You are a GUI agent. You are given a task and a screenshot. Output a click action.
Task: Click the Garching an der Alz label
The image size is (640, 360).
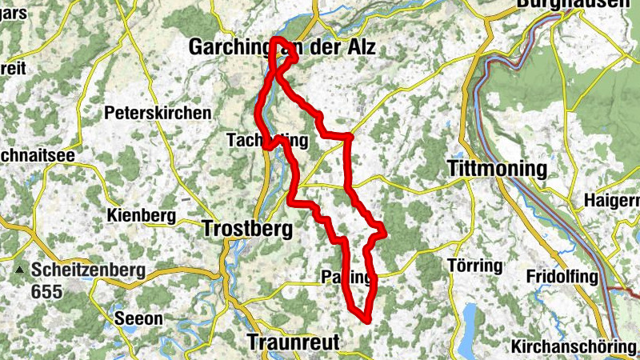(x=282, y=48)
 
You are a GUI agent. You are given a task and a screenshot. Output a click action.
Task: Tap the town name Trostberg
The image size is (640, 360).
(x=248, y=229)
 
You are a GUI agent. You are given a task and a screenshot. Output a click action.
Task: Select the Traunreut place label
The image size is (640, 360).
(x=293, y=342)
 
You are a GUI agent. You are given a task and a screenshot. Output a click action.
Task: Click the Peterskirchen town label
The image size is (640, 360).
(x=158, y=114)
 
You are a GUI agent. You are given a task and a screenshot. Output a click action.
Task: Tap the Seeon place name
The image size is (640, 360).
(x=139, y=318)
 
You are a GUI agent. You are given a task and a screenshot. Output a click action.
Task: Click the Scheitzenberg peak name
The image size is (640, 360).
(x=89, y=270)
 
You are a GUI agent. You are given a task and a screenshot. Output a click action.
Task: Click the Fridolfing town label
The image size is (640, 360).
(x=562, y=277)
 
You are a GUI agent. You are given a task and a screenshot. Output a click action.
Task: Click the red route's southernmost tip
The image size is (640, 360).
(x=365, y=319)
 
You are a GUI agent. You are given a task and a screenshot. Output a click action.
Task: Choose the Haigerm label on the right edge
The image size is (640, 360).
(x=612, y=199)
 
